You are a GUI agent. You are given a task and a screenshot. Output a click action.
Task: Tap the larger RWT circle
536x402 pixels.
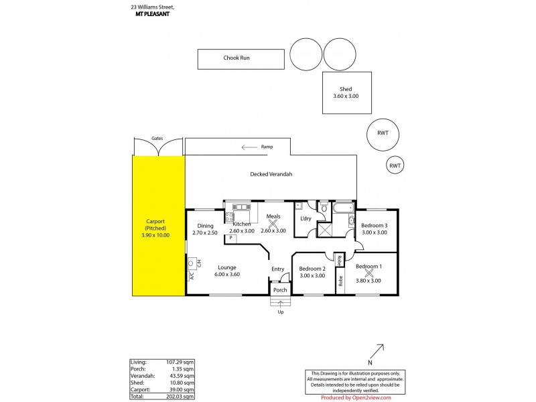click(382, 133)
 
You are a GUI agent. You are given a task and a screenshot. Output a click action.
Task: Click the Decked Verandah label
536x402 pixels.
click(271, 174)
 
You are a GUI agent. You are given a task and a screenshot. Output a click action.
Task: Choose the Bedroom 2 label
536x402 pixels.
click(312, 268)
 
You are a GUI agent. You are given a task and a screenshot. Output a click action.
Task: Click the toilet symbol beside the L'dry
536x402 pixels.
click(323, 208)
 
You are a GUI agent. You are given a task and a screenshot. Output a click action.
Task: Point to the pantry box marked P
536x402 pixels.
click(230, 238)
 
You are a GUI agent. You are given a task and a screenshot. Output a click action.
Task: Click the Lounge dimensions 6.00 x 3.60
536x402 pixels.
click(227, 275)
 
